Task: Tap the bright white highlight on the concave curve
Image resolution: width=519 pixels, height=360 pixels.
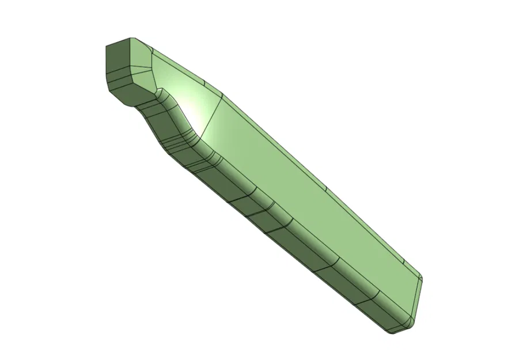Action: tap(195, 115)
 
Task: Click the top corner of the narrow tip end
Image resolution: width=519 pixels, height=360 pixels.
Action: tap(422, 278)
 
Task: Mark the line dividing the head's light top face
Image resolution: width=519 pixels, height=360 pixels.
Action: tap(146, 63)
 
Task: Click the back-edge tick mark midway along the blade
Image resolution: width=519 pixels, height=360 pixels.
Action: tap(325, 190)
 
